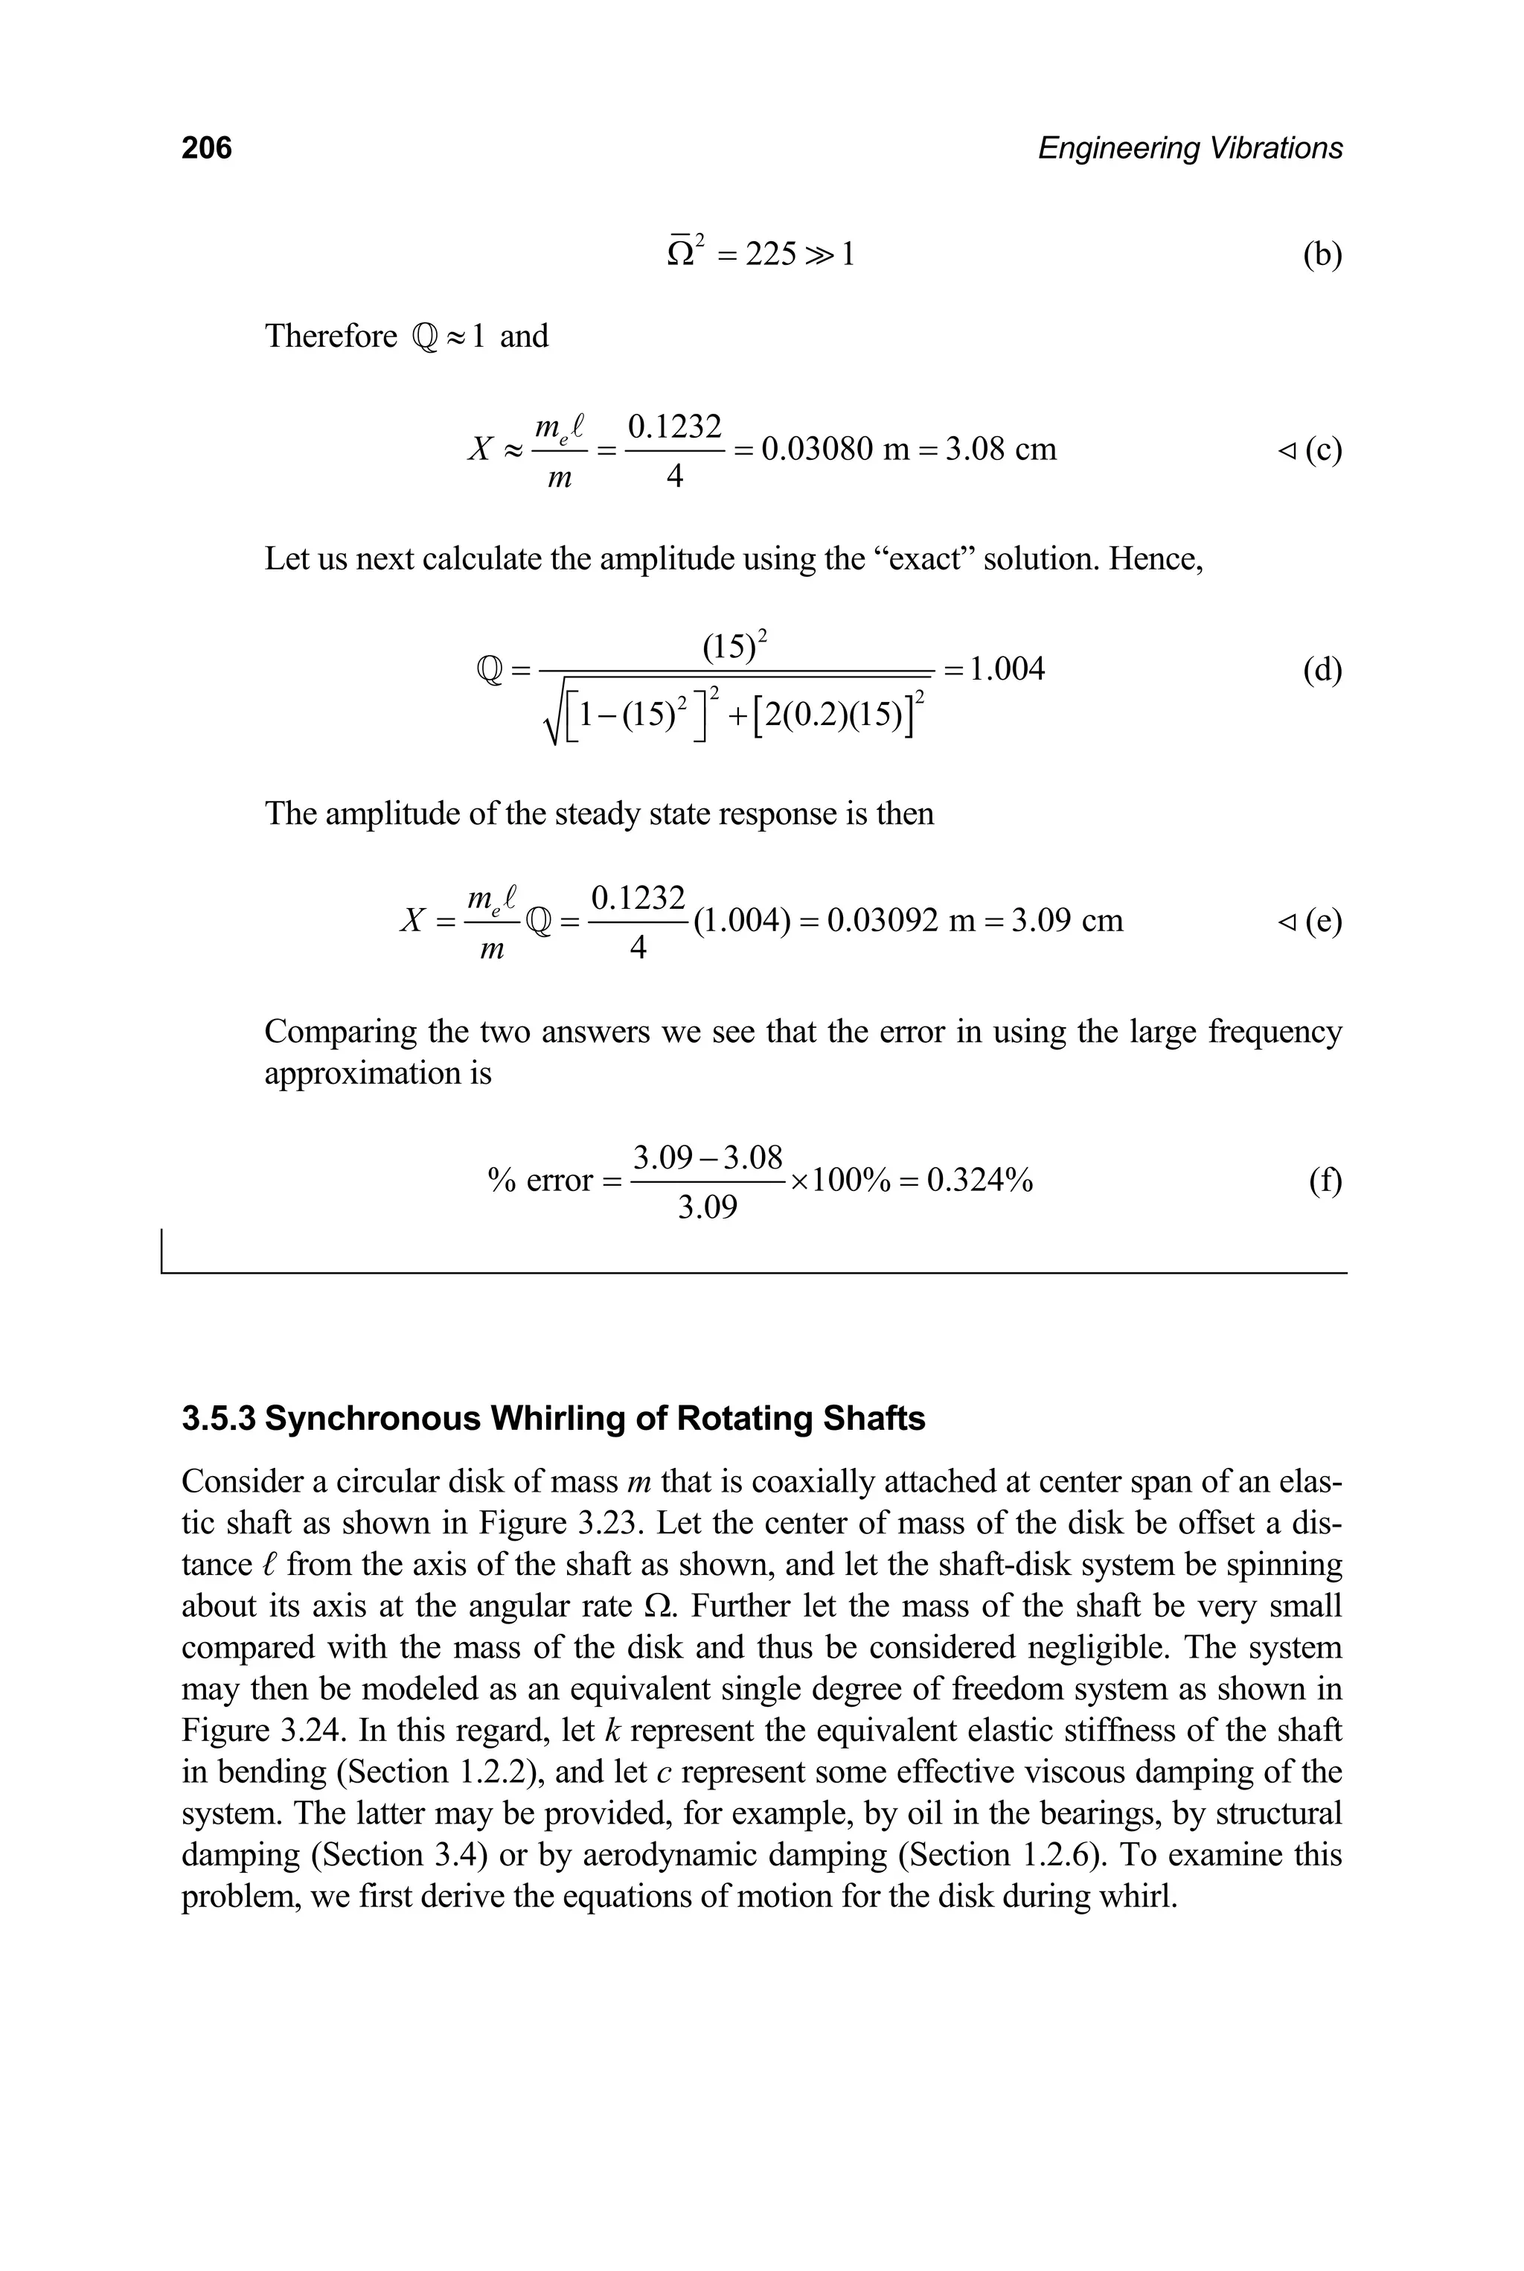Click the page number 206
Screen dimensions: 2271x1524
206,148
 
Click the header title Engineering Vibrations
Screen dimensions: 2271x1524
1190,148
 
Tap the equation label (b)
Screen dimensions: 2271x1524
1322,255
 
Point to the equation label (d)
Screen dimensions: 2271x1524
1322,670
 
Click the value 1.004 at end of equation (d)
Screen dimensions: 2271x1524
1007,669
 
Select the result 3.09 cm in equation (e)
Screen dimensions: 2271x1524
1067,920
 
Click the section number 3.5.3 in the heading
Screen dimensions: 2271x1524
219,1419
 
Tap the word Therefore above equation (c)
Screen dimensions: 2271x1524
330,336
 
